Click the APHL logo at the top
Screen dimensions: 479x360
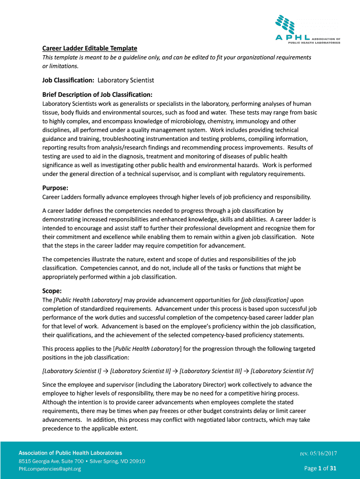pos(306,29)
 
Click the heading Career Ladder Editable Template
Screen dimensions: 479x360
pos(90,48)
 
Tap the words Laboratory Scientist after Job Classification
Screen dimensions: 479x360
pos(126,80)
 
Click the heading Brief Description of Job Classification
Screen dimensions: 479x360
pos(98,94)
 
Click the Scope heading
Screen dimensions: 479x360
pos(52,290)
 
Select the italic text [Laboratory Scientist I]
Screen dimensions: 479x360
pos(72,371)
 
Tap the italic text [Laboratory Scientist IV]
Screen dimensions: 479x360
pos(282,371)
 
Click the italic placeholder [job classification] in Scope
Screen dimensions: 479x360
pos(265,299)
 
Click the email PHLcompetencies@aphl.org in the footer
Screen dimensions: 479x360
pos(50,469)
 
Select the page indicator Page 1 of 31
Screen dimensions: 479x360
pos(320,468)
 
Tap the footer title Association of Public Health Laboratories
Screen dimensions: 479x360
pos(70,453)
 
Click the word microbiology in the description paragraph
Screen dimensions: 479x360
pos(158,121)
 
